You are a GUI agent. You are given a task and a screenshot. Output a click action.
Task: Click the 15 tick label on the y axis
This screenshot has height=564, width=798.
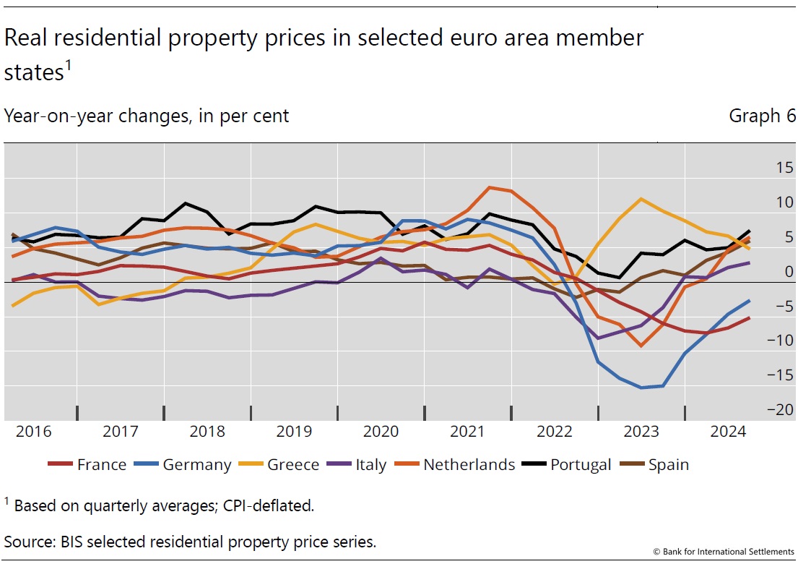click(764, 168)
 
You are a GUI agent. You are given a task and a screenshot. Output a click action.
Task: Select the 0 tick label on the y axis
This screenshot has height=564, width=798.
click(768, 272)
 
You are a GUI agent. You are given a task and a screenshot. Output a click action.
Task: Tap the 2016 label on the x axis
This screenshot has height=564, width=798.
click(33, 432)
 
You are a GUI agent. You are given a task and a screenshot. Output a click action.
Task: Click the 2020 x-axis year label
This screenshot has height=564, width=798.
click(381, 432)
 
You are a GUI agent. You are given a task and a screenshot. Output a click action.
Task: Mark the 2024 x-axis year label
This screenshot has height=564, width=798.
click(728, 432)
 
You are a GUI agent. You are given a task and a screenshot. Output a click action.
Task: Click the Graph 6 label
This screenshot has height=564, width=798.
click(762, 116)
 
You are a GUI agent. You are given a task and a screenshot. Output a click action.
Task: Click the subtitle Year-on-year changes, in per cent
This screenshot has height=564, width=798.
click(147, 116)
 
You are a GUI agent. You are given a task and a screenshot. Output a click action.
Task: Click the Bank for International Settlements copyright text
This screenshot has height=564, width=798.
click(724, 551)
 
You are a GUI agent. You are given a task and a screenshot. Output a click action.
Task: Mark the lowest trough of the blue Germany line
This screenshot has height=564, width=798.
click(641, 388)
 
